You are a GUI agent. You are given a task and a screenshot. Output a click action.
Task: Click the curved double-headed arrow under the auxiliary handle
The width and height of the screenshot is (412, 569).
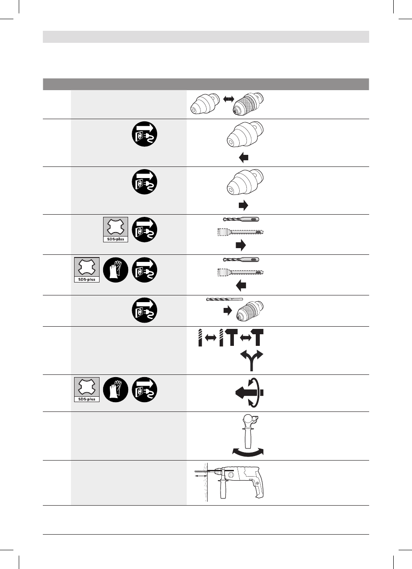pyautogui.click(x=249, y=452)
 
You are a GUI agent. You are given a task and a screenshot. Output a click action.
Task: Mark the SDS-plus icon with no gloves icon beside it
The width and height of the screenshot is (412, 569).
pyautogui.click(x=116, y=229)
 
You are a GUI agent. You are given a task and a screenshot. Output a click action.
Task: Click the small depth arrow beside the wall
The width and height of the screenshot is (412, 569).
pyautogui.click(x=200, y=477)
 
